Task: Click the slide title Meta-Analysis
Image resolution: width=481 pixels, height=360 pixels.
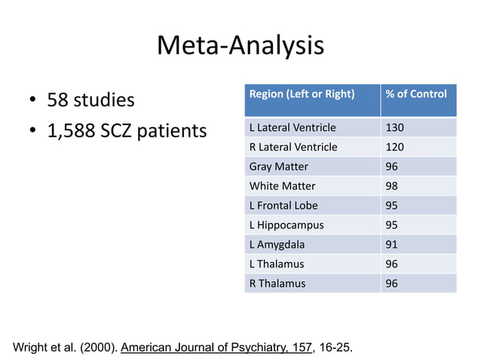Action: click(240, 47)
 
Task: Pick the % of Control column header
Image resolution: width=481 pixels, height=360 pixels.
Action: click(415, 94)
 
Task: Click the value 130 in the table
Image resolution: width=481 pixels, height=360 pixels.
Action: click(394, 127)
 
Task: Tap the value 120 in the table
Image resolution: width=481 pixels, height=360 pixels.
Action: click(394, 147)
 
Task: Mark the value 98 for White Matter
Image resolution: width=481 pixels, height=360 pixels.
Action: click(392, 186)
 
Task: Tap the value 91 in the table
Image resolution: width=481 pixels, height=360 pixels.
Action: click(392, 245)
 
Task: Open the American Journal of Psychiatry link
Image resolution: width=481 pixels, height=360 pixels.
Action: click(215, 348)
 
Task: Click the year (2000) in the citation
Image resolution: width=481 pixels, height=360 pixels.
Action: click(96, 348)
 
